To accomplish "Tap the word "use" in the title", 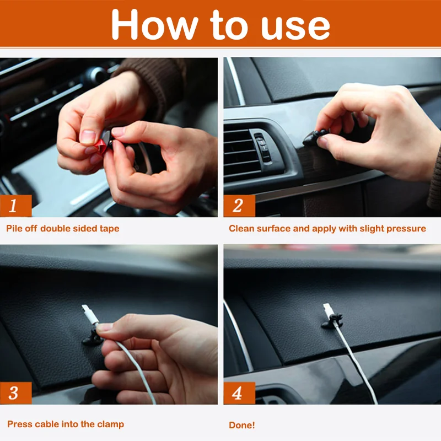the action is (295, 28).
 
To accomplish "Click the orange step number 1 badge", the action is (16, 206).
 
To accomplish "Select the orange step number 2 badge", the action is (239, 206).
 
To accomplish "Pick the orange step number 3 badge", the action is (16, 393).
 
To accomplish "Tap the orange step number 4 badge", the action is (239, 393).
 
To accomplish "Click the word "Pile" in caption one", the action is (14, 228).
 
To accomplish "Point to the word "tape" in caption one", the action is (109, 229).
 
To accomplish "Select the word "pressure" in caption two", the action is (406, 229).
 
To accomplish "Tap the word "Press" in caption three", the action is (18, 424).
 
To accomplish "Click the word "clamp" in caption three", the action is (111, 424).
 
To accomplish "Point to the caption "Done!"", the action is (242, 425).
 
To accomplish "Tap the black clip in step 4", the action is (332, 321).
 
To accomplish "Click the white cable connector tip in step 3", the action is (90, 315).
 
